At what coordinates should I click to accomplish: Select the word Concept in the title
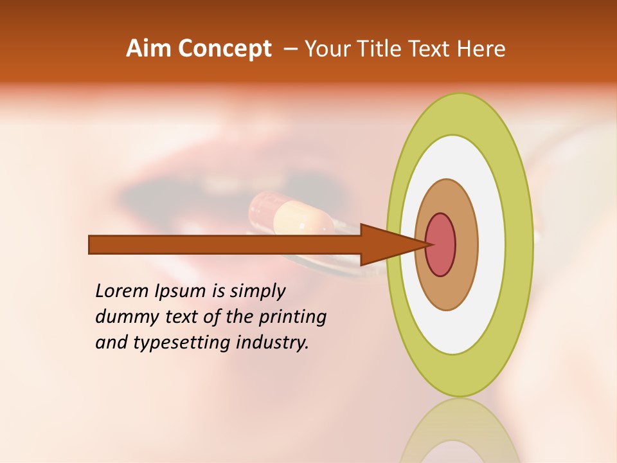click(224, 49)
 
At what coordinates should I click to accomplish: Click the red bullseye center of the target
click(441, 244)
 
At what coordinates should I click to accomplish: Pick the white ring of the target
click(491, 244)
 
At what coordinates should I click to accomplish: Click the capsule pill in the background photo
click(293, 215)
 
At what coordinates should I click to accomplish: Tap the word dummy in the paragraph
click(123, 318)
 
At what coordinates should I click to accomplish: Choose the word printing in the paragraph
click(293, 318)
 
